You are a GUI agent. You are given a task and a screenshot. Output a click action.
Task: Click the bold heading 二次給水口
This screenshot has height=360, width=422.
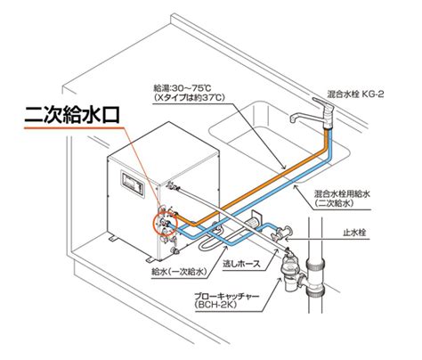pyautogui.click(x=71, y=115)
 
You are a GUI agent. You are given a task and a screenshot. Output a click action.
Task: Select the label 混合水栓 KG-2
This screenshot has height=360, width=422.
pyautogui.click(x=355, y=94)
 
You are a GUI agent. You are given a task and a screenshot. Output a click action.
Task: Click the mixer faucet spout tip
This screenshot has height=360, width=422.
pyautogui.click(x=292, y=119)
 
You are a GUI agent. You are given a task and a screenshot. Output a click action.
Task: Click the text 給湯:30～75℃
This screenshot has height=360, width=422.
pyautogui.click(x=182, y=88)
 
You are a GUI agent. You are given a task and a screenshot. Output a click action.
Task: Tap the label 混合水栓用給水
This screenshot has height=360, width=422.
pyautogui.click(x=342, y=194)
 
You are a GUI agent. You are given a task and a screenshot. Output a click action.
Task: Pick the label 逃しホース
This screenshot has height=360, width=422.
pyautogui.click(x=241, y=263)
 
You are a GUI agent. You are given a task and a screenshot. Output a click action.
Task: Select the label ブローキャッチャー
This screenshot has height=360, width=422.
pyautogui.click(x=226, y=296)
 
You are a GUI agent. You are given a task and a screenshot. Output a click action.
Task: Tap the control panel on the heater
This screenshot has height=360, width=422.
pyautogui.click(x=133, y=183)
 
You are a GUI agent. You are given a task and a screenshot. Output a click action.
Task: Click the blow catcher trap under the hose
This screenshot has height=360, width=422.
pyautogui.click(x=290, y=272)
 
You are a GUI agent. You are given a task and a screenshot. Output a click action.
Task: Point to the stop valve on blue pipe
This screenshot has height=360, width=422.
pyautogui.click(x=281, y=233)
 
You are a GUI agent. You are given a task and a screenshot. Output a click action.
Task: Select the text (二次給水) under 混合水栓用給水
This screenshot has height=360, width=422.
pyautogui.click(x=334, y=203)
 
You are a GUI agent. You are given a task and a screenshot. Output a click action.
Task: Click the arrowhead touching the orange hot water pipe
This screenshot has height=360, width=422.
pyautogui.click(x=283, y=167)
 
